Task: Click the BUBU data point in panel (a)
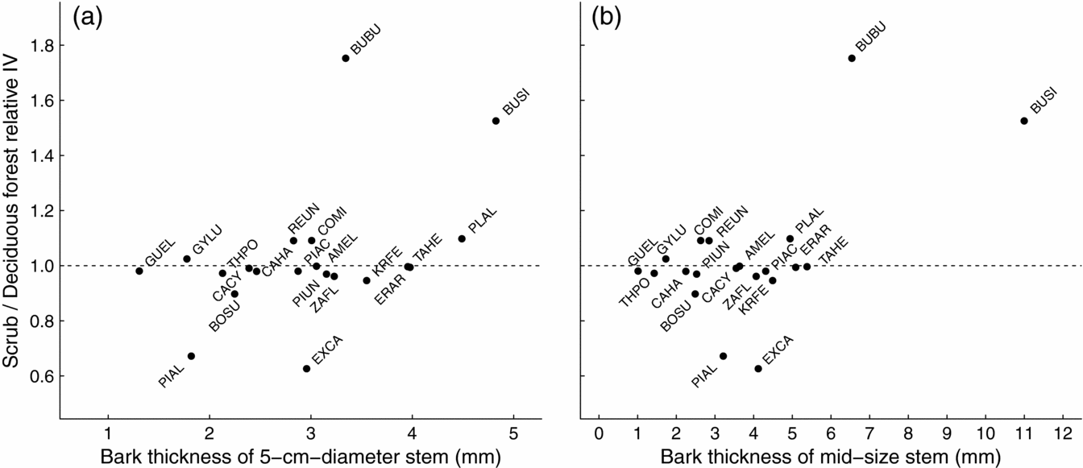pyautogui.click(x=346, y=58)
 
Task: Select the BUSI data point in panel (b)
pyautogui.click(x=1024, y=121)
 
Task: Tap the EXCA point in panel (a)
pyautogui.click(x=306, y=368)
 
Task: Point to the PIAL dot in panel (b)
pyautogui.click(x=723, y=356)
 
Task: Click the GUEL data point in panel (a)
pyautogui.click(x=139, y=271)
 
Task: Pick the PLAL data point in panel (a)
pyautogui.click(x=462, y=238)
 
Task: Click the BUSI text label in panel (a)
pyautogui.click(x=517, y=104)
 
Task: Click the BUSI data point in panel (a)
pyautogui.click(x=496, y=121)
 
